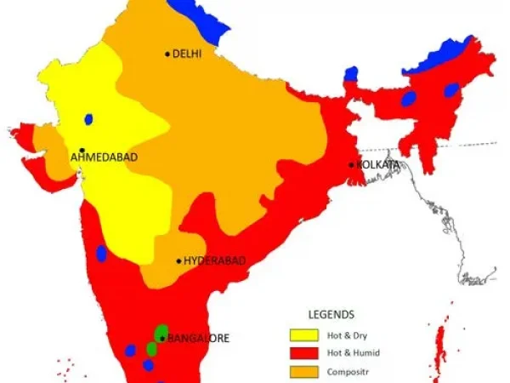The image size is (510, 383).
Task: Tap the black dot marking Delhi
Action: (167, 54)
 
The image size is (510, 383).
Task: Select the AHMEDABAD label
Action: (104, 157)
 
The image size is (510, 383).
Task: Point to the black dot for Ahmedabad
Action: (82, 150)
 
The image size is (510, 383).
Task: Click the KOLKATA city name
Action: (378, 163)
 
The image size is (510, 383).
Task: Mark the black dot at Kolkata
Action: (351, 163)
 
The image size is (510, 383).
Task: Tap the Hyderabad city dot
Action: (178, 261)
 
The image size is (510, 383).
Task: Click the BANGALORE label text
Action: (199, 338)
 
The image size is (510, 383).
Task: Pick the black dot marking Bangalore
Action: (162, 338)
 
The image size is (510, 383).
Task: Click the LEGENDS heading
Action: (331, 314)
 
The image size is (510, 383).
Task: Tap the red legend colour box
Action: (303, 352)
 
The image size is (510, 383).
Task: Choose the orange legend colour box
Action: (303, 371)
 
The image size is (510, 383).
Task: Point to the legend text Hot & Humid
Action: (353, 352)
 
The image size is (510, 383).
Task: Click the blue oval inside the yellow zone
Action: (88, 120)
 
